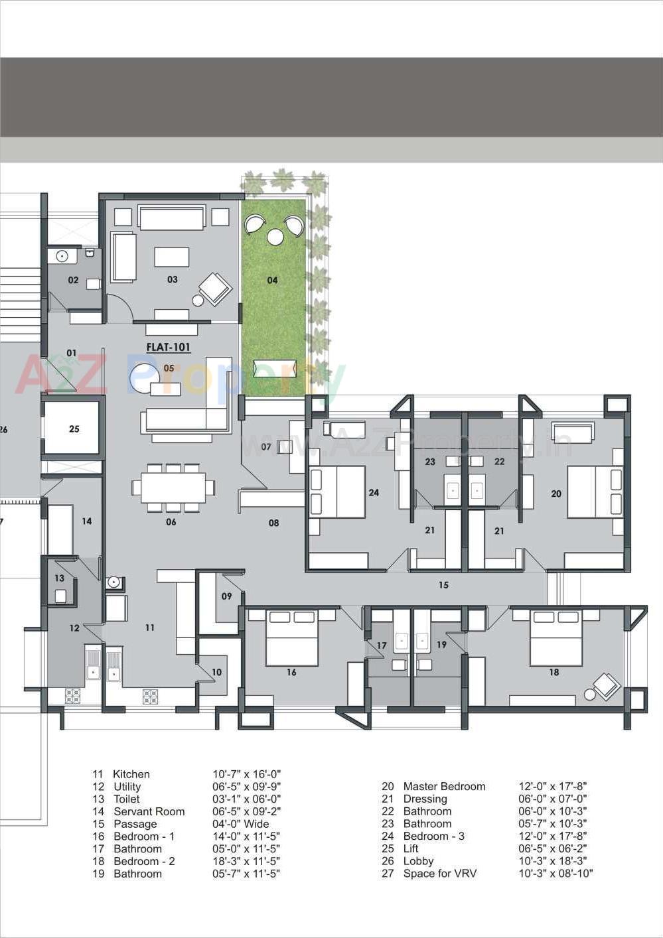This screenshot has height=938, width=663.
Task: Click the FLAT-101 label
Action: pyautogui.click(x=168, y=347)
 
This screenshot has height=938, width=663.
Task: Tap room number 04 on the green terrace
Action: pyautogui.click(x=272, y=281)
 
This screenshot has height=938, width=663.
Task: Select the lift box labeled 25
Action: pyautogui.click(x=74, y=429)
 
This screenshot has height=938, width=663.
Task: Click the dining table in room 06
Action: pyautogui.click(x=173, y=488)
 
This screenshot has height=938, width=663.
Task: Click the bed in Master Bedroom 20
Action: pyautogui.click(x=595, y=492)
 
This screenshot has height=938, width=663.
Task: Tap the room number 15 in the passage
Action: pyautogui.click(x=443, y=585)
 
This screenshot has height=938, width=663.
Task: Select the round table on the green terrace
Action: pyautogui.click(x=275, y=236)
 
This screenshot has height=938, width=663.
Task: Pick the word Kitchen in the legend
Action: pyautogui.click(x=131, y=774)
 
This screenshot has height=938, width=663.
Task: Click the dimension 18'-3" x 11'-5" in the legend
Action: pyautogui.click(x=246, y=861)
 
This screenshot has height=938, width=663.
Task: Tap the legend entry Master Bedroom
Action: pyautogui.click(x=444, y=786)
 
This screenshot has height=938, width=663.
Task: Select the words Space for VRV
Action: pyautogui.click(x=439, y=874)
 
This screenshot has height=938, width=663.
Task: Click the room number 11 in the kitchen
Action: pyautogui.click(x=150, y=627)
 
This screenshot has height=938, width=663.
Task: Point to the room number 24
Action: pyautogui.click(x=374, y=492)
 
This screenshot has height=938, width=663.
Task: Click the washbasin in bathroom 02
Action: pyautogui.click(x=62, y=256)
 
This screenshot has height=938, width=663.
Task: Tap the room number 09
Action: pyautogui.click(x=226, y=596)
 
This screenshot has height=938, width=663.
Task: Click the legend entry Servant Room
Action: pyautogui.click(x=149, y=811)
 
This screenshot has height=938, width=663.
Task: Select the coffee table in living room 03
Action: pyautogui.click(x=171, y=257)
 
